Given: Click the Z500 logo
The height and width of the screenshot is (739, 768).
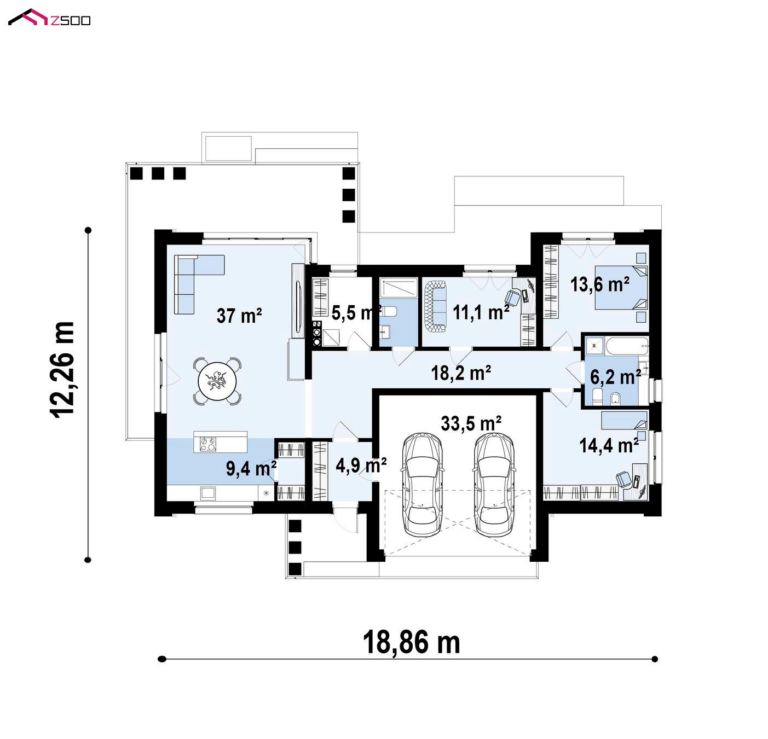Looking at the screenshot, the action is tap(49, 18).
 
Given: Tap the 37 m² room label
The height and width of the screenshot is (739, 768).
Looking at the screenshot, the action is tap(239, 316).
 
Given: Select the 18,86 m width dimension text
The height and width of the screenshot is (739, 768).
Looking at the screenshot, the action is tap(411, 642).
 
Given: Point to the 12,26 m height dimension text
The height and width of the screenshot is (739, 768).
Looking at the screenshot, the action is tap(62, 370).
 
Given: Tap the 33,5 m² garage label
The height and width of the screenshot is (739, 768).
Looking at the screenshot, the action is tap(471, 424).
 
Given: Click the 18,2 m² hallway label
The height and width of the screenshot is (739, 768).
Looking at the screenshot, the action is tap(461, 373).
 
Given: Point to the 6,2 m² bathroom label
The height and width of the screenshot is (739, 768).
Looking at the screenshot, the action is tap(615, 377).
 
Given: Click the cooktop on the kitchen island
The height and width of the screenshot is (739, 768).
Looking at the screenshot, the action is tap(208, 444).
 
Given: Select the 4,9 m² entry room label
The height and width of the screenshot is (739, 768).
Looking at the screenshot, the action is tap(361, 465).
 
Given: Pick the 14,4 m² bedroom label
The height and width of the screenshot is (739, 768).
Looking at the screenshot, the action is tap(609, 446).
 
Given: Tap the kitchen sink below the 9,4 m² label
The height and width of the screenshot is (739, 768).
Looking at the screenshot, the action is tap(207, 492).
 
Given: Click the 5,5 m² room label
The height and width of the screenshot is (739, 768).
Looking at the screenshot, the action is tap(355, 313).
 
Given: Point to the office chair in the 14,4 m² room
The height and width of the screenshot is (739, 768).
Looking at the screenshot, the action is tap(623, 479).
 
